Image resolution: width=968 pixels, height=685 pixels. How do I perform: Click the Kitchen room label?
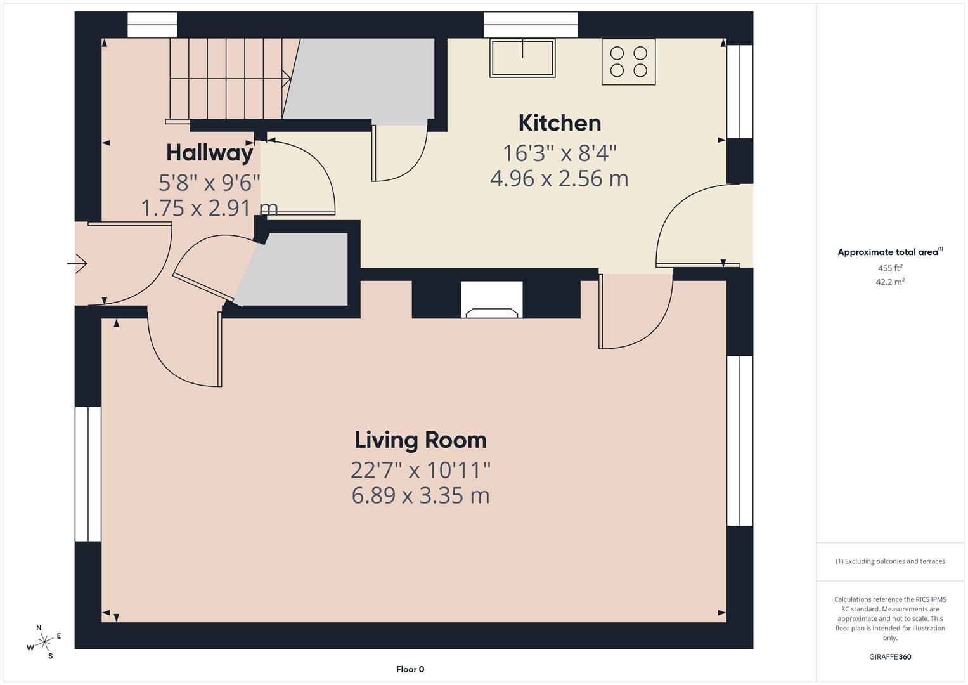pyautogui.click(x=559, y=123)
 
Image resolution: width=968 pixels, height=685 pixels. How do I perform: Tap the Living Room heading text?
pyautogui.click(x=420, y=440)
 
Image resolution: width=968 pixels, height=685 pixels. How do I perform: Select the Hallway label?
pyautogui.click(x=209, y=153)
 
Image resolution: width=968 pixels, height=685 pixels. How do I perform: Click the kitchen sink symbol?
pyautogui.click(x=522, y=58)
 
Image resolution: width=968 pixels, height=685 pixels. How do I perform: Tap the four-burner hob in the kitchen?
pyautogui.click(x=628, y=62)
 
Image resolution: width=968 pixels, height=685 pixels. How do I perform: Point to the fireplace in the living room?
pyautogui.click(x=492, y=301)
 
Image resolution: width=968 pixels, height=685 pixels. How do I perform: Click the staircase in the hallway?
pyautogui.click(x=228, y=79)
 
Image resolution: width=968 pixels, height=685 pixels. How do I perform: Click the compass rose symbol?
pyautogui.click(x=44, y=642)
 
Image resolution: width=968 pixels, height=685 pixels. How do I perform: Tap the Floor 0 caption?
pyautogui.click(x=410, y=669)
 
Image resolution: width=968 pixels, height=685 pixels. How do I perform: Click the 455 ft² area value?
pyautogui.click(x=890, y=268)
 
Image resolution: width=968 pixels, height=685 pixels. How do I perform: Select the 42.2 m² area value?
pyautogui.click(x=890, y=282)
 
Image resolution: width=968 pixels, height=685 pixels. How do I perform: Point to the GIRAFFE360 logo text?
pyautogui.click(x=890, y=656)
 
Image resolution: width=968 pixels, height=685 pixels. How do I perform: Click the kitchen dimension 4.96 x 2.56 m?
pyautogui.click(x=559, y=179)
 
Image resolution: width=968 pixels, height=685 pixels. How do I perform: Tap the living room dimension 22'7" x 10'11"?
pyautogui.click(x=420, y=471)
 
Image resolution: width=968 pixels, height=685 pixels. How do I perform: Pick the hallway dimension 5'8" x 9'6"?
pyautogui.click(x=209, y=183)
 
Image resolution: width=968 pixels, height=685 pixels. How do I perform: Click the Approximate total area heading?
pyautogui.click(x=889, y=252)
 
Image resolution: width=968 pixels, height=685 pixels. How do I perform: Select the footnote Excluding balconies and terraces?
pyautogui.click(x=890, y=561)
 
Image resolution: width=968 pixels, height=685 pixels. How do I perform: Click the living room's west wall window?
pyautogui.click(x=88, y=474)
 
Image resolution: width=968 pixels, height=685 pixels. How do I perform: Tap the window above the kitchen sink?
pyautogui.click(x=531, y=25)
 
